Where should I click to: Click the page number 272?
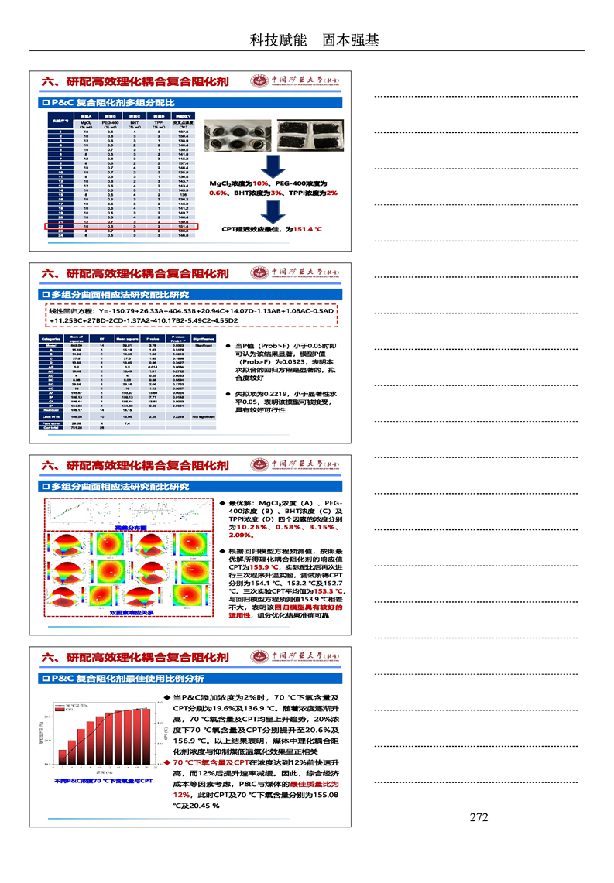tap(479, 817)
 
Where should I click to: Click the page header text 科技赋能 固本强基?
tap(314, 40)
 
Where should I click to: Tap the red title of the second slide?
tap(135, 273)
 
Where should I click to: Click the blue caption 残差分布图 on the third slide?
tap(129, 527)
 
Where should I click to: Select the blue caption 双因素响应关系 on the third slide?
tap(131, 612)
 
